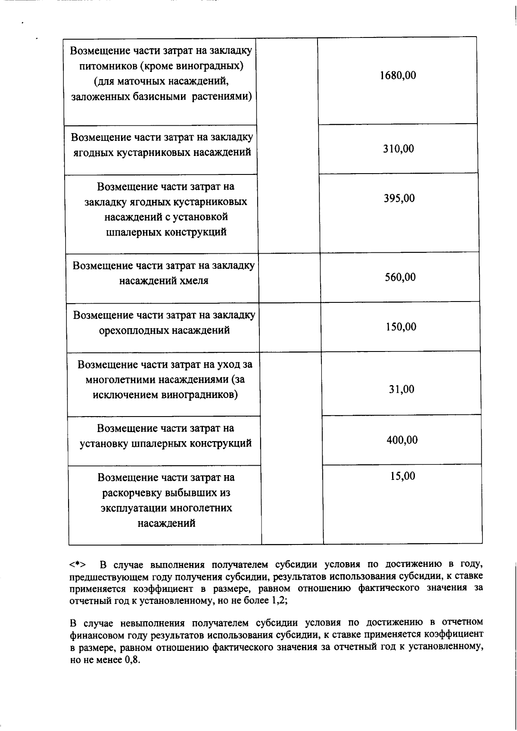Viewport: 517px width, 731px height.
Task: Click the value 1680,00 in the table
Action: pos(398,75)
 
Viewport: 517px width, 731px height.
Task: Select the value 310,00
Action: pos(399,149)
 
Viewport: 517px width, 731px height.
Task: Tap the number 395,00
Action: pos(399,199)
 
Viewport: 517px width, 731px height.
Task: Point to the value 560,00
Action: pos(400,277)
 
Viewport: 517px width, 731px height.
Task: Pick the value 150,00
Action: pos(401,327)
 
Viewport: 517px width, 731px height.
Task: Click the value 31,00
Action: pos(402,390)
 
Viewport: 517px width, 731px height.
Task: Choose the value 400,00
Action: pos(402,440)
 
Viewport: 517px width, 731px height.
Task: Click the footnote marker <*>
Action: pos(78,564)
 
